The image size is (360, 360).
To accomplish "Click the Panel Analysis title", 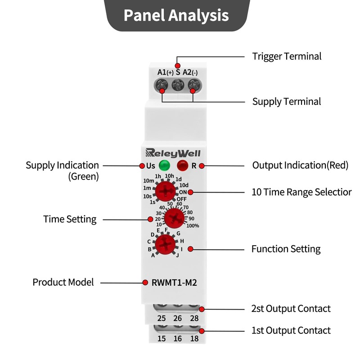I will coord(176,16).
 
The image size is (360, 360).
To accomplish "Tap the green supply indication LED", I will coord(164,165).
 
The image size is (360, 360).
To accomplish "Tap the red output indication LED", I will coord(182,165).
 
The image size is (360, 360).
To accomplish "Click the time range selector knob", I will coord(166,192).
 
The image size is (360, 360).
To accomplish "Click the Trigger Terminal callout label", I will coord(287,57).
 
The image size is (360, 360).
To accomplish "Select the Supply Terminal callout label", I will coord(287,102).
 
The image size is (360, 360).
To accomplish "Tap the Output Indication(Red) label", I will coord(300,166).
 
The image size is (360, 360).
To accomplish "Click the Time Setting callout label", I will coord(70,220).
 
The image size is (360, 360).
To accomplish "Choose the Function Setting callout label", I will coord(286,249).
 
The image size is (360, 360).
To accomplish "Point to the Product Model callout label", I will coord(63,283).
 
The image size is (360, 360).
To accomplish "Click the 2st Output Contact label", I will coord(291,309).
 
